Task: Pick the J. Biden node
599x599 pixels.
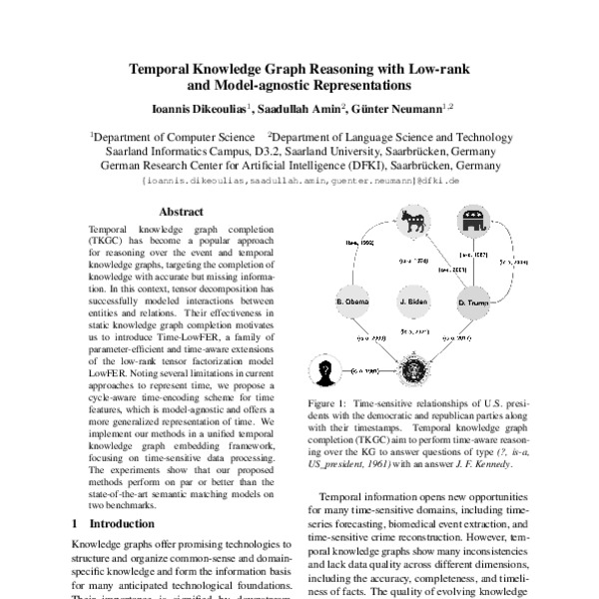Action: click(412, 300)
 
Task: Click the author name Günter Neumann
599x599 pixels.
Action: click(396, 107)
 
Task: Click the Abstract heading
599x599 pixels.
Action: click(184, 212)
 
